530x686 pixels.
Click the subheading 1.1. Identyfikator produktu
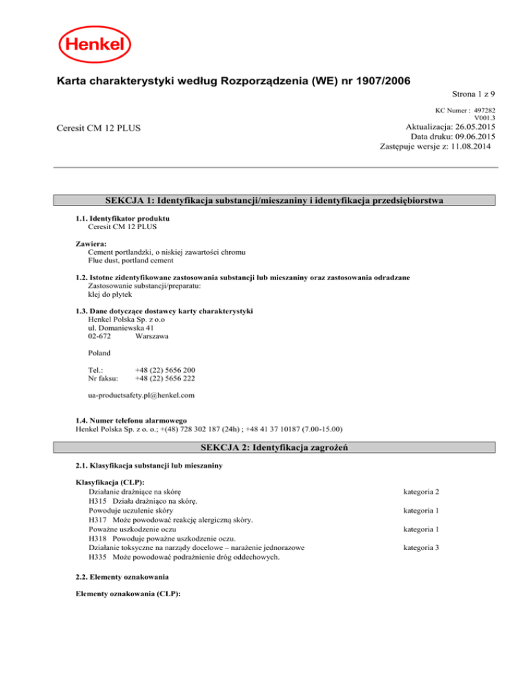click(122, 218)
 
